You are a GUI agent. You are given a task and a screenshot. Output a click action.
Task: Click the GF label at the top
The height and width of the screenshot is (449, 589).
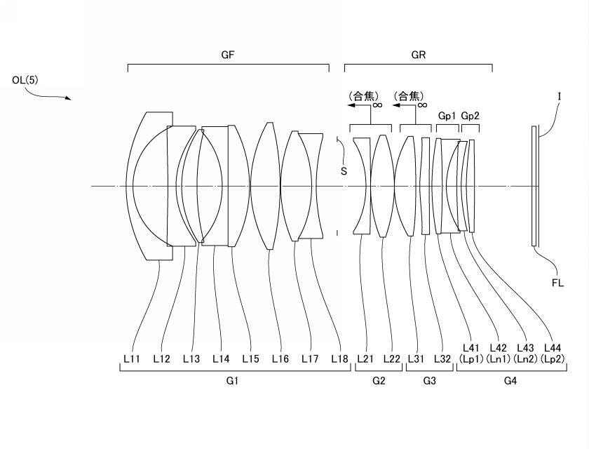pos(227,54)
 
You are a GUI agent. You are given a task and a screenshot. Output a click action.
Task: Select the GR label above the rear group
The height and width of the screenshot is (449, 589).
pos(419,54)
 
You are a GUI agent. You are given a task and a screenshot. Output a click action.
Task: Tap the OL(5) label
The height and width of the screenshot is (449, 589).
pos(25,80)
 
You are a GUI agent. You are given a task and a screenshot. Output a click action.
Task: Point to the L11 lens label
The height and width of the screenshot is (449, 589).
pos(132,358)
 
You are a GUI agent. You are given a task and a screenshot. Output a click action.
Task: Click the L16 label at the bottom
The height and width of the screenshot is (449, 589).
pos(280,358)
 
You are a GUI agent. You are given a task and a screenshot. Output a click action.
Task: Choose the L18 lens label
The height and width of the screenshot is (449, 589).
pos(340,358)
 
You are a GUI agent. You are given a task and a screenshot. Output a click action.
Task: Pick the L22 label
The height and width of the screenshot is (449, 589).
pos(392,358)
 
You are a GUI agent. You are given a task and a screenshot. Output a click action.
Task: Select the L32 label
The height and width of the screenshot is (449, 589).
pos(442,358)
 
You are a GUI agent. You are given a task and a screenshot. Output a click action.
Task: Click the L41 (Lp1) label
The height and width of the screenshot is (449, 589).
pos(471,352)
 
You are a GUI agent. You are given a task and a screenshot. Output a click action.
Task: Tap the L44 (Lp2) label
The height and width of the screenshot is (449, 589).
pos(553,352)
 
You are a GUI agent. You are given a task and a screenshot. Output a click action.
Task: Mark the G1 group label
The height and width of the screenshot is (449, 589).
pos(232,381)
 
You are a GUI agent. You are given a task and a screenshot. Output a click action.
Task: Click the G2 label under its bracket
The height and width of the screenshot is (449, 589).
pos(379,381)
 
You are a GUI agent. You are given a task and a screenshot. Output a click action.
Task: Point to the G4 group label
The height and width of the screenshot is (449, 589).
pos(511,381)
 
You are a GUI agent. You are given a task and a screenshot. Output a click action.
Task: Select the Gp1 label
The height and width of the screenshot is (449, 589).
pos(447,115)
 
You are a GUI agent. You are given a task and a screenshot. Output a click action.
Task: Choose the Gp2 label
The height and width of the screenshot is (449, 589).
pos(470,115)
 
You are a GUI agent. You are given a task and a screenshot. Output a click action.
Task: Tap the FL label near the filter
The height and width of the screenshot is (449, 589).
pos(557,283)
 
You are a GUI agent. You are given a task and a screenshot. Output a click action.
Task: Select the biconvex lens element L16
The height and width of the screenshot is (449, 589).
pos(266,186)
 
